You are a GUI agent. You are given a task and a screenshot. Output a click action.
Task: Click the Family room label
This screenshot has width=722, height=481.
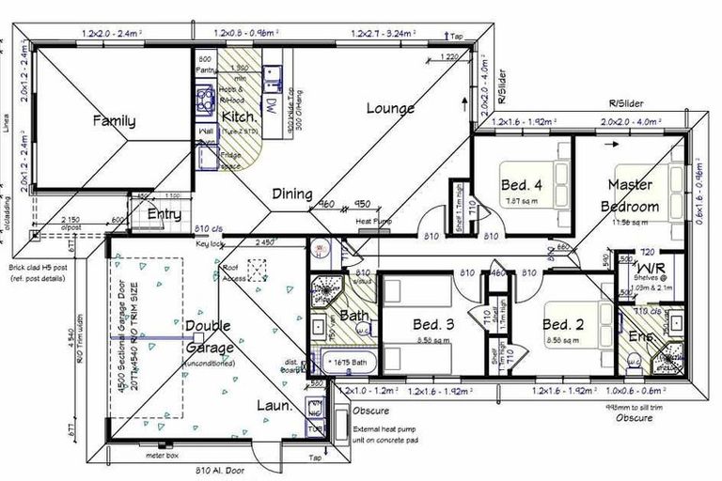click(x=113, y=121)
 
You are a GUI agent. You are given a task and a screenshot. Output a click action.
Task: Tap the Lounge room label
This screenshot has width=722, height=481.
click(x=390, y=109)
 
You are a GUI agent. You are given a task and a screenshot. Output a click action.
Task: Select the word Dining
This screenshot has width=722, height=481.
click(x=292, y=194)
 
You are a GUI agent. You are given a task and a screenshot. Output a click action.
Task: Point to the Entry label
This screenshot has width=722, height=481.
click(x=165, y=214)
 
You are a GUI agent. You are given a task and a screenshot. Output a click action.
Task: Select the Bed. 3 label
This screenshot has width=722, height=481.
click(x=434, y=325)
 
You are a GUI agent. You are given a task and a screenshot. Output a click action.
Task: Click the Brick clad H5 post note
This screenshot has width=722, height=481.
click(x=39, y=268)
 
